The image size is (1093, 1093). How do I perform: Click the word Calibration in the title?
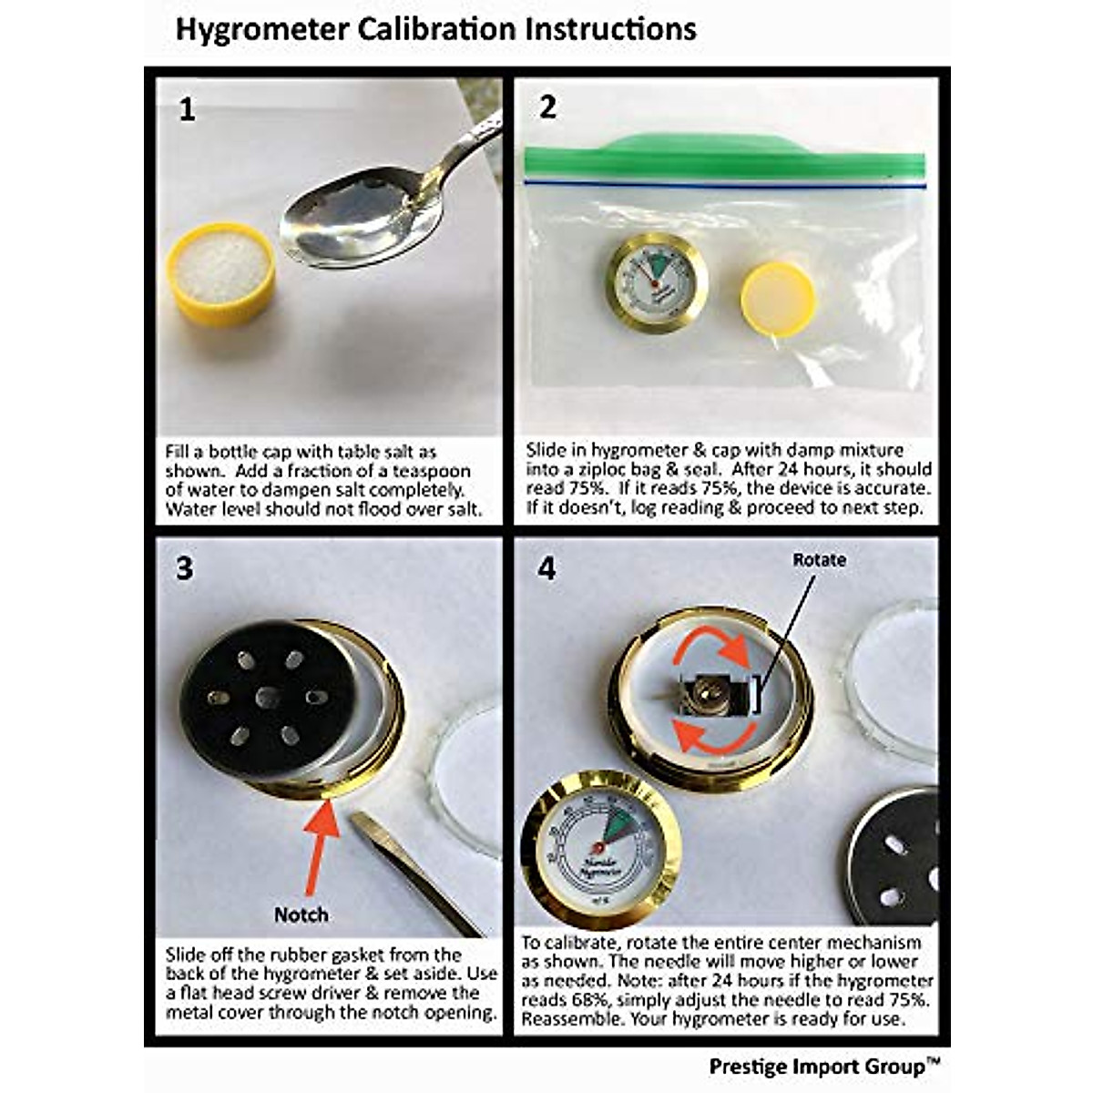(437, 28)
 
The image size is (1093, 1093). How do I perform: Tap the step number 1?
(187, 110)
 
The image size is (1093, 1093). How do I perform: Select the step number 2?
(546, 107)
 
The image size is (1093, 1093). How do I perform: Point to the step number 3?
(185, 568)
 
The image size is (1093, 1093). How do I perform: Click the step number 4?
(546, 568)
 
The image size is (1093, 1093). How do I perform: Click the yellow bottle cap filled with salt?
(220, 271)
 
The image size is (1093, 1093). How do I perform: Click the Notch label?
(301, 914)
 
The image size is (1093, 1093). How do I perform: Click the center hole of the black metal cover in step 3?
(267, 698)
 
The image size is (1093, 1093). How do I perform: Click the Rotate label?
(819, 559)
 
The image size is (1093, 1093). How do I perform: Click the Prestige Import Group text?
(823, 1066)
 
